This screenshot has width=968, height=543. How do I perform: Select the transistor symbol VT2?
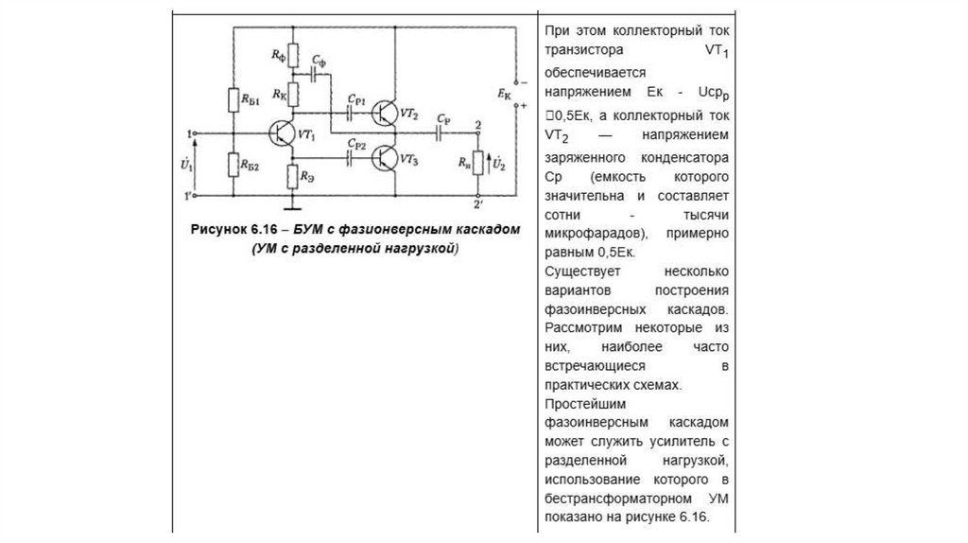[385, 113]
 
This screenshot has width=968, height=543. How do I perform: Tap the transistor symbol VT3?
[385, 158]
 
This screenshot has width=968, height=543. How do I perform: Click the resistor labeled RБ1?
[232, 100]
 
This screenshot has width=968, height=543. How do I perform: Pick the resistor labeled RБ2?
[232, 165]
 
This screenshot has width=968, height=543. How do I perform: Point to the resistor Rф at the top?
[293, 56]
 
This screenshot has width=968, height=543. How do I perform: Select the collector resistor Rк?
[293, 94]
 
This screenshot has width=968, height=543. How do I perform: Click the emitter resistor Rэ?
[293, 175]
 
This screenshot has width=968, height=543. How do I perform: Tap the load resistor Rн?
[478, 165]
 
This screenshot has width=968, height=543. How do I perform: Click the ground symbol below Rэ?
[293, 202]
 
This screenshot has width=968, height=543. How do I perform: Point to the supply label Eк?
[503, 95]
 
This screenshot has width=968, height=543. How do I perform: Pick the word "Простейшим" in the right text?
[579, 403]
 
